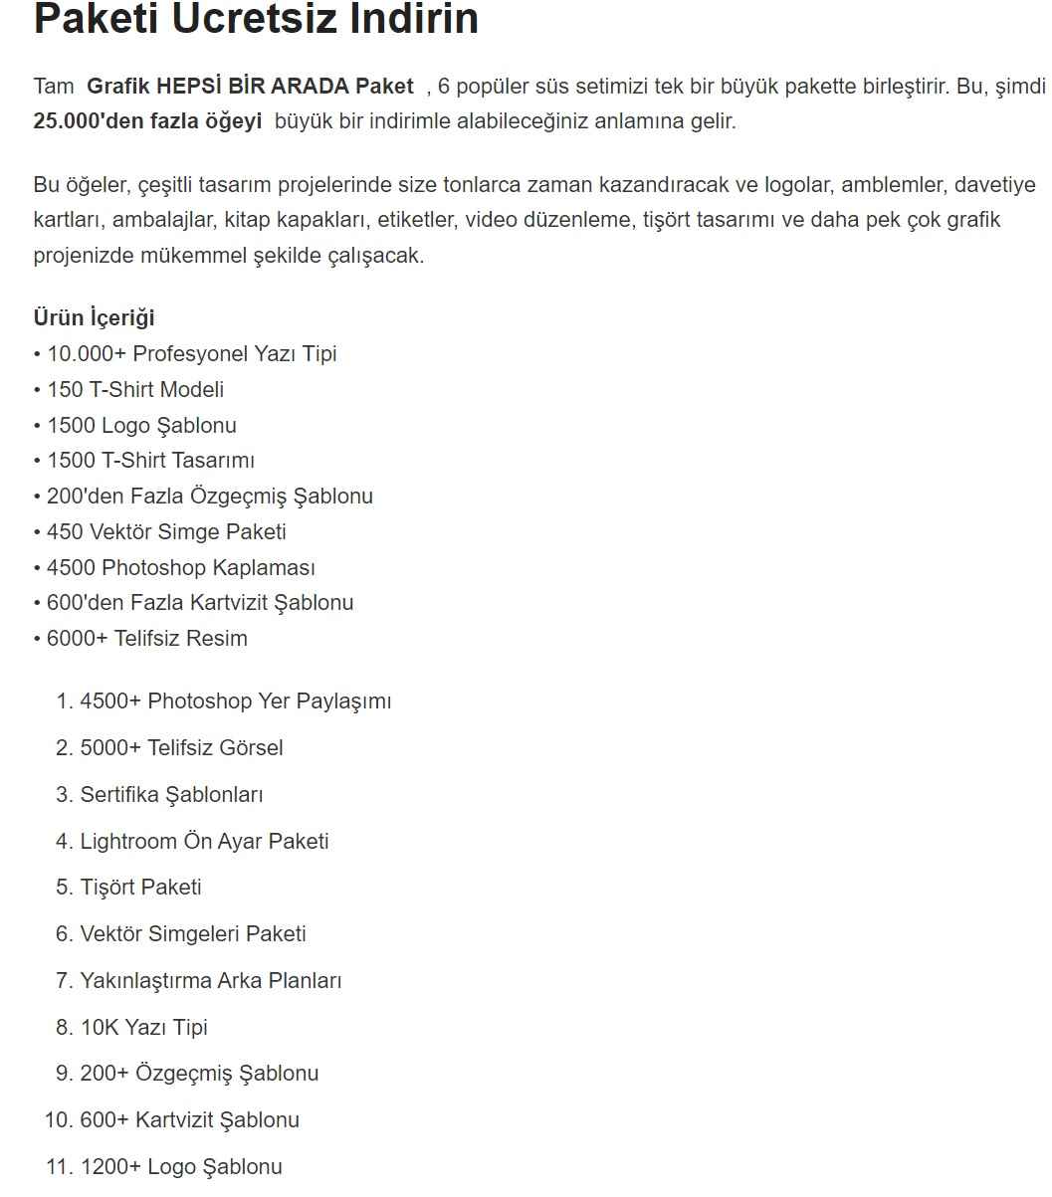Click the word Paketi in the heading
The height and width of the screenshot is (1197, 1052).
(96, 19)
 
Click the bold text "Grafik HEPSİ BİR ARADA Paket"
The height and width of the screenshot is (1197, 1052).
(250, 87)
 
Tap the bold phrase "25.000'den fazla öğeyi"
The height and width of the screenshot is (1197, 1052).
(147, 122)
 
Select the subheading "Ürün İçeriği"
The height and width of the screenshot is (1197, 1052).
(94, 317)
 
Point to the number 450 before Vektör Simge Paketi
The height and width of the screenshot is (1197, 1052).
(65, 532)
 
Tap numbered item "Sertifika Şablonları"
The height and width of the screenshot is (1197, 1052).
(171, 795)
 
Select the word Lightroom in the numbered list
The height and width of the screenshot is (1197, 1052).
(128, 842)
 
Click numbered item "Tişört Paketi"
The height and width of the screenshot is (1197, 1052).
(140, 888)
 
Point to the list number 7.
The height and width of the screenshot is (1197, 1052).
(62, 981)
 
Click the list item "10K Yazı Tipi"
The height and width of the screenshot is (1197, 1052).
(143, 1028)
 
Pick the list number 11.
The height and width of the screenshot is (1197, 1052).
(57, 1167)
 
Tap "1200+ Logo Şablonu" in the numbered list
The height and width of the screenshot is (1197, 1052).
(181, 1167)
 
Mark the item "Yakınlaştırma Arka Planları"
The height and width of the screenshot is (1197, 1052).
(211, 981)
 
